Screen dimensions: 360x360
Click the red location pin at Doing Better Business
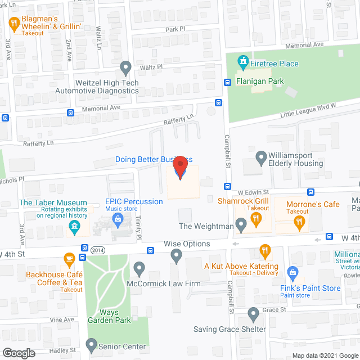(180, 168)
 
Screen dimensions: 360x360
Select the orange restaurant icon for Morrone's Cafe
(300, 223)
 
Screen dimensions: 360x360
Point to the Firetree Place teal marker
(243, 60)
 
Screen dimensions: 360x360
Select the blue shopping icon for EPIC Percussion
(118, 219)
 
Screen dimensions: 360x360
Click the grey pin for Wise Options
(177, 256)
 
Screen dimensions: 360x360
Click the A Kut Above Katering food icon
(265, 250)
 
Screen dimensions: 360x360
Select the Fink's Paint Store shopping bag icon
(292, 274)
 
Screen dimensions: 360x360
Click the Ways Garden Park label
(109, 316)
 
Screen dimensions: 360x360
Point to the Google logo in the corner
(18, 353)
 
